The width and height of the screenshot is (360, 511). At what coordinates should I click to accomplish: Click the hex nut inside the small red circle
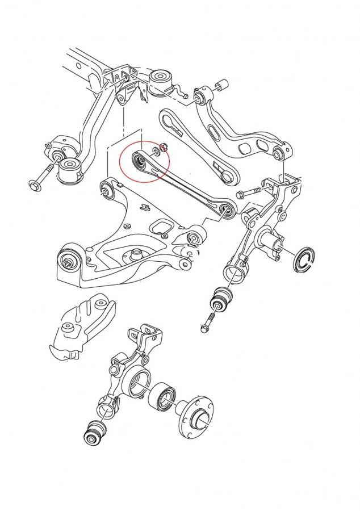164,149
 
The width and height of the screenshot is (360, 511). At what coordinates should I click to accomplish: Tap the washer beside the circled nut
155,152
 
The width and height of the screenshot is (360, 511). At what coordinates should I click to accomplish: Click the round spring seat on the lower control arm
136,256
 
